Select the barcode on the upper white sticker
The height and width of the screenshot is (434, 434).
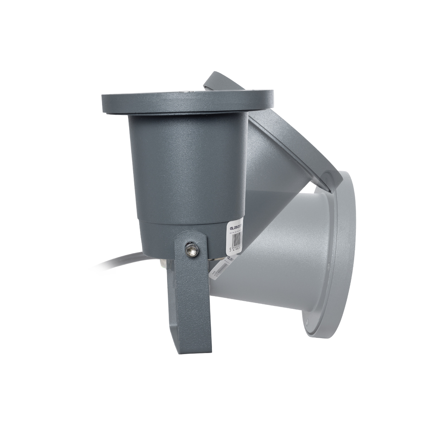(237, 239)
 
